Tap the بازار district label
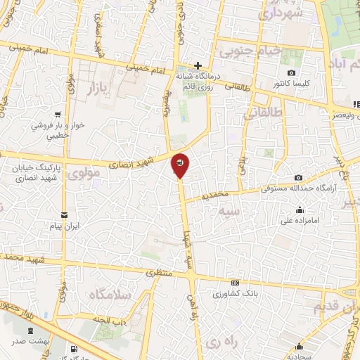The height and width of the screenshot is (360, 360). pos(100,89)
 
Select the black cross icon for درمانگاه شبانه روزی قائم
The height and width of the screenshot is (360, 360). pos(198,66)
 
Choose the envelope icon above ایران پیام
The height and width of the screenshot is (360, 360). pos(64,215)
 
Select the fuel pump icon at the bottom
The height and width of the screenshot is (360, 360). pos(74,349)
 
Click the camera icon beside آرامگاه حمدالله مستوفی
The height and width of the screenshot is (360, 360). pos(300,177)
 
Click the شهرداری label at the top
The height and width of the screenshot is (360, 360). pos(281,13)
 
